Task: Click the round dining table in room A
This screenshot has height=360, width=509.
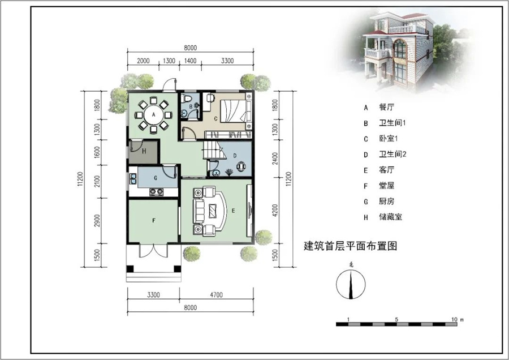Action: click(x=153, y=116)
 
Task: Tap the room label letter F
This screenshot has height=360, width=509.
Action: click(x=153, y=221)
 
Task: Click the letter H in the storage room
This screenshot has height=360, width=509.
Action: click(x=144, y=151)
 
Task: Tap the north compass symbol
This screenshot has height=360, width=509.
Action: click(x=351, y=283)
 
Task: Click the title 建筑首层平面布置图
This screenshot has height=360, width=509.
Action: click(x=351, y=246)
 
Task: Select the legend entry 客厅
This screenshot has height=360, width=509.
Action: click(x=386, y=185)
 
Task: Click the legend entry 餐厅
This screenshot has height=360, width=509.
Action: click(x=386, y=107)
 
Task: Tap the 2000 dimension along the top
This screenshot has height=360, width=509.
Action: click(x=143, y=61)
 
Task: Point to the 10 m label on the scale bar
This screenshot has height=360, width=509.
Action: click(x=458, y=320)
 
